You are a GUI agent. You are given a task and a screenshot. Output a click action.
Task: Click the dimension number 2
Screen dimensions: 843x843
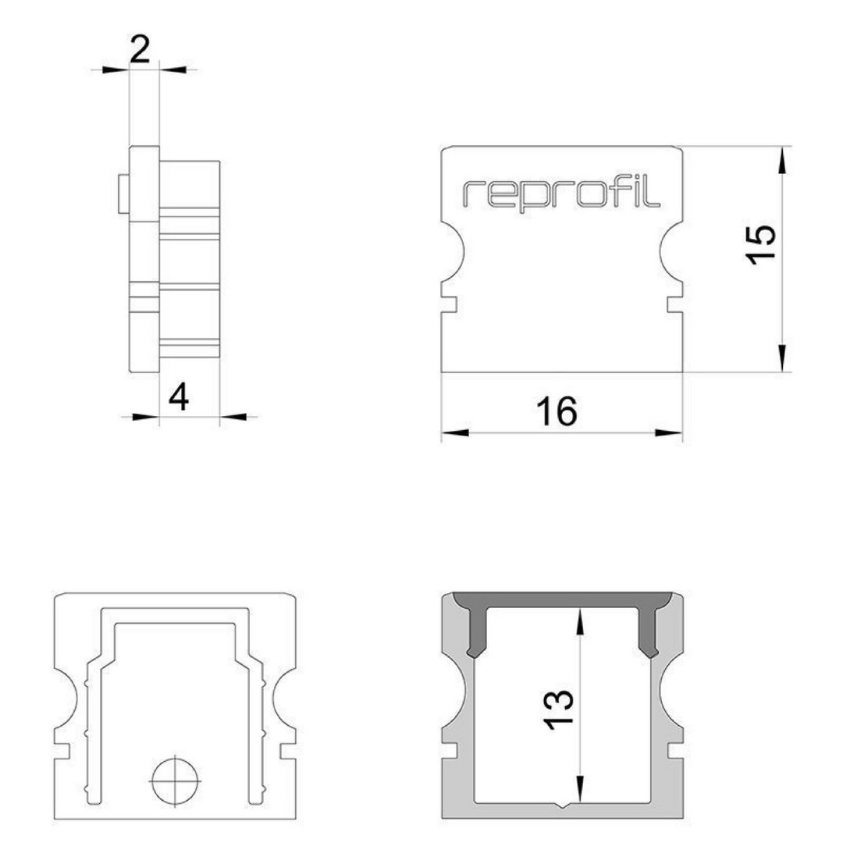pyautogui.click(x=140, y=50)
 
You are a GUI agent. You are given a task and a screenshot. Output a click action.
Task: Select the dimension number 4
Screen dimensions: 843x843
pyautogui.click(x=179, y=398)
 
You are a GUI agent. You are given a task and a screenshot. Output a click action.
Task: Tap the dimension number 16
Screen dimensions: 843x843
pyautogui.click(x=557, y=411)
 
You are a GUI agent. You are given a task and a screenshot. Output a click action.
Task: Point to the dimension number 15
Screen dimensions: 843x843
pyautogui.click(x=762, y=244)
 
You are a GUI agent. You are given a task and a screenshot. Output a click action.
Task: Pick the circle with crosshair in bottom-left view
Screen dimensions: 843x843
pyautogui.click(x=176, y=780)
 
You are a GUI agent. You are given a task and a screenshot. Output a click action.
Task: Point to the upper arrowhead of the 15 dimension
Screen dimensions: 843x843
pyautogui.click(x=782, y=160)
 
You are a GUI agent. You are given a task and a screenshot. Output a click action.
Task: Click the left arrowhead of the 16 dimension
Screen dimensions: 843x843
pyautogui.click(x=455, y=432)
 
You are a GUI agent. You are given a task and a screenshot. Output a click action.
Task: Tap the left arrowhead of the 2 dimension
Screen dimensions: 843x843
pyautogui.click(x=116, y=69)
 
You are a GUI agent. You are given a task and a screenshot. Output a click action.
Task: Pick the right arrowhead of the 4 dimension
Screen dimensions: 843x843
pyautogui.click(x=233, y=416)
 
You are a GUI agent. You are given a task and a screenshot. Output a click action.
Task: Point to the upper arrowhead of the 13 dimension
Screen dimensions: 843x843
pyautogui.click(x=580, y=621)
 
